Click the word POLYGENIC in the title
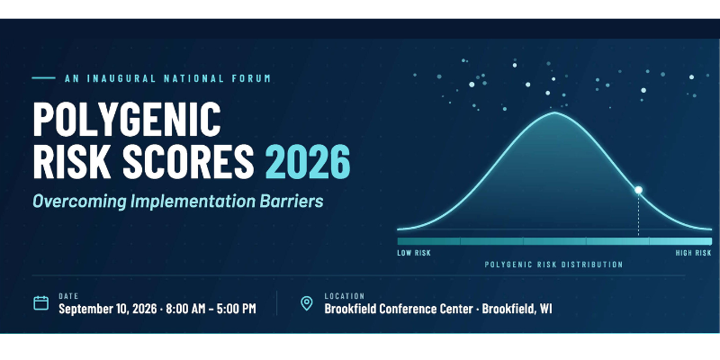[127, 119]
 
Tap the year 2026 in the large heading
[308, 162]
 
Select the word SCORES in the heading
[188, 162]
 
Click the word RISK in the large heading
[72, 162]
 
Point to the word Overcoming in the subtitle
[79, 202]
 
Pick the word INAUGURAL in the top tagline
[121, 78]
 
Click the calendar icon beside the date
[40, 303]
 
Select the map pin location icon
[306, 303]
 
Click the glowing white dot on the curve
[638, 190]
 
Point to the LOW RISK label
[414, 253]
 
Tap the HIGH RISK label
[693, 253]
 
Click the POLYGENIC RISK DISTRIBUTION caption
[553, 265]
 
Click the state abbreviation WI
[546, 309]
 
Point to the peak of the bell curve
[554, 112]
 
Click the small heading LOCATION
[345, 296]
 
